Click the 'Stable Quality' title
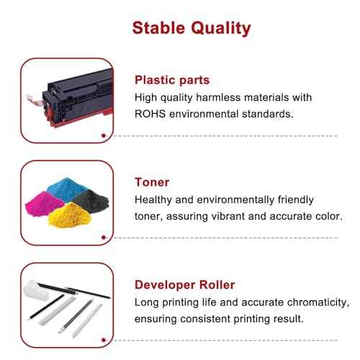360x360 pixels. tap(180, 28)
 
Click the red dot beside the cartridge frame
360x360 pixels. tap(106, 135)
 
